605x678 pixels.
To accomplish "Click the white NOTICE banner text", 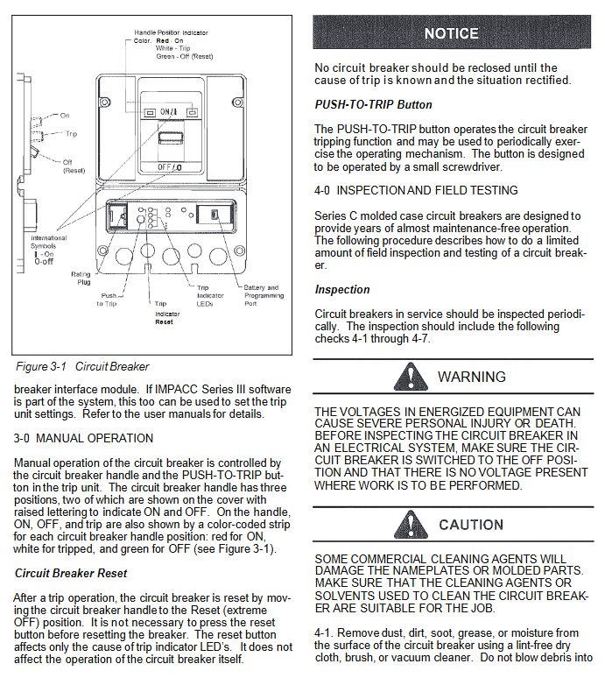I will point(451,33).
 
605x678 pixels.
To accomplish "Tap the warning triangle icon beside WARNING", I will point(408,377).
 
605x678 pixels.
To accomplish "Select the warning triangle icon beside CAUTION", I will point(408,525).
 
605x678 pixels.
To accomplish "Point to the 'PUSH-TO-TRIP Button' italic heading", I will point(373,105).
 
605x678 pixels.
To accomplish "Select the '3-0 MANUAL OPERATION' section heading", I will point(83,438).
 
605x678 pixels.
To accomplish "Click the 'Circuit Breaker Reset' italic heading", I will point(71,573).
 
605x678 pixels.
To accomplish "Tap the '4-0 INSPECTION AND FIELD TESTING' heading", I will point(416,190).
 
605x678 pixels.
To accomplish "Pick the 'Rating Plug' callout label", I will point(81,279).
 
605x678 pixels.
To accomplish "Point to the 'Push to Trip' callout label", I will point(109,300).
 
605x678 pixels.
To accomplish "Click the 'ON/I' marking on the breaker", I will point(170,112).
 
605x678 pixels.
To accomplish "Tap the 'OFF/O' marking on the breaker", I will point(170,166).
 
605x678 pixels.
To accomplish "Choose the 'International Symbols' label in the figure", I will point(48,242).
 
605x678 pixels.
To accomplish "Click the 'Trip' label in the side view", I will point(71,134).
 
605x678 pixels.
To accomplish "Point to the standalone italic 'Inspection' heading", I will point(342,289).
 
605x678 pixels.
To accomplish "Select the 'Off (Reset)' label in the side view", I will point(74,166).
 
